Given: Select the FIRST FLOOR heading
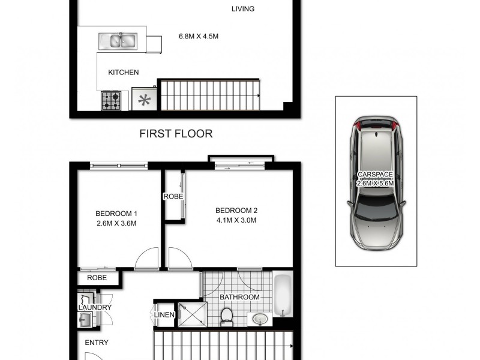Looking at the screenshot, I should pos(176,133).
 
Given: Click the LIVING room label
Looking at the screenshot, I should pos(243,8).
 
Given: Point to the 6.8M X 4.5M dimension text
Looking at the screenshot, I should pos(199,36).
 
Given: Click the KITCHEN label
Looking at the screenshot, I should pos(123,73).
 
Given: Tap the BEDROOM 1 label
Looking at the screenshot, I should pos(116,214).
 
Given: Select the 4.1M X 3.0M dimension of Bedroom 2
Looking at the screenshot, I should pos(236,220).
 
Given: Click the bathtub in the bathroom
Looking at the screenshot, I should pos(283,295).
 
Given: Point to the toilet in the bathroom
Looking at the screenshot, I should pos(227,316).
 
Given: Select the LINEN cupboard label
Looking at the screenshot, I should pos(164,315).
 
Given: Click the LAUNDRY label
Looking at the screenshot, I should pos(95,308).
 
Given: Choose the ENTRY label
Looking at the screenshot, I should pos(96,343).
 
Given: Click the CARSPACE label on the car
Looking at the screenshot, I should pos(375,175).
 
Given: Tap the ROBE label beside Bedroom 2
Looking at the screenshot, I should pos(173,197).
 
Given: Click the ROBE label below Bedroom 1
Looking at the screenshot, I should pos(97,278).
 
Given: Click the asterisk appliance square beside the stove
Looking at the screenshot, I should pos(145,100).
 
